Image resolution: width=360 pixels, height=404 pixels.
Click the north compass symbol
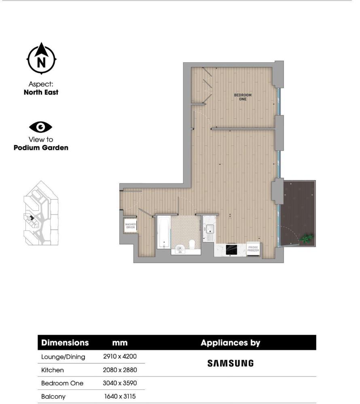click(x=41, y=59)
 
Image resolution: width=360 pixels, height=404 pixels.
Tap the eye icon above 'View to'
click(x=41, y=127)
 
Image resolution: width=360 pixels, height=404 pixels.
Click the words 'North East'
click(x=41, y=92)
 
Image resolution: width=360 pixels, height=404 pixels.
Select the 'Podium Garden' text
click(x=41, y=147)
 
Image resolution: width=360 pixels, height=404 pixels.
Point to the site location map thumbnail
click(x=41, y=213)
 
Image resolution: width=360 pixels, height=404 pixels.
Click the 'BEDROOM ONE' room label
click(x=243, y=97)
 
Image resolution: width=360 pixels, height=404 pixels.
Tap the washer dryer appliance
click(x=130, y=226)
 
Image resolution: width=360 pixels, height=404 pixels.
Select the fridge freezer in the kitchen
click(x=254, y=249)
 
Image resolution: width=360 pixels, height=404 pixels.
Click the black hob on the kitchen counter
click(x=231, y=249)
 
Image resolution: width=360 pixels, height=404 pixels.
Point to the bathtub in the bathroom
click(x=163, y=232)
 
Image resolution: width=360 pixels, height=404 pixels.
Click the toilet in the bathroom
click(x=193, y=244)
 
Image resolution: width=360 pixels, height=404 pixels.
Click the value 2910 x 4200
click(x=120, y=357)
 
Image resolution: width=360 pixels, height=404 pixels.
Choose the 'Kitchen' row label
click(x=53, y=370)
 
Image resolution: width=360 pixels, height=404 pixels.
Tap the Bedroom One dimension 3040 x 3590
click(x=120, y=383)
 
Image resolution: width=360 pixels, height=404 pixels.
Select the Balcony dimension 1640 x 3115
click(x=120, y=397)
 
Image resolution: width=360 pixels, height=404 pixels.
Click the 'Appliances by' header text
click(x=230, y=343)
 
